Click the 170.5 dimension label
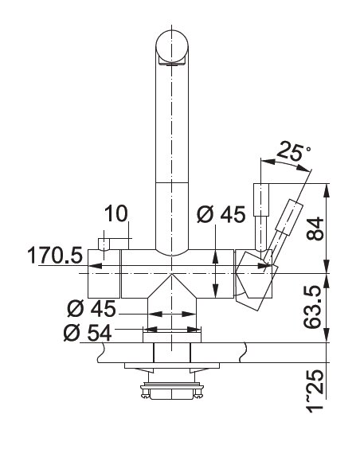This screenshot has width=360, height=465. pos(55,256)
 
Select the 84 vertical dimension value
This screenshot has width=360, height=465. pos(315,229)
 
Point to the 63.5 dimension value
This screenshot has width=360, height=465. pos(312,307)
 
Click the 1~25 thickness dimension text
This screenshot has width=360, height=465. pos(315,391)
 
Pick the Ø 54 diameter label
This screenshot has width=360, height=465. pos(88,333)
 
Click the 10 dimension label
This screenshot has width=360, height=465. pos(116,213)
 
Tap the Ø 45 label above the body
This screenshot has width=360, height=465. pos(221,214)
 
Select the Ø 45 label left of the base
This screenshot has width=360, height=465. pos(92,309)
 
